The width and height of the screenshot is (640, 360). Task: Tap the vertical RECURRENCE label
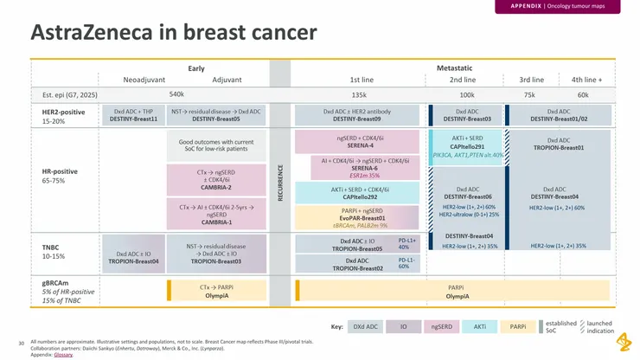(279, 184)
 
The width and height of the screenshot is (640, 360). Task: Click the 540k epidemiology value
(176, 93)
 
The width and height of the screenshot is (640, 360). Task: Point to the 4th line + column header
(586, 80)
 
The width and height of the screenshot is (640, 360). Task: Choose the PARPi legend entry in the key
(517, 327)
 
